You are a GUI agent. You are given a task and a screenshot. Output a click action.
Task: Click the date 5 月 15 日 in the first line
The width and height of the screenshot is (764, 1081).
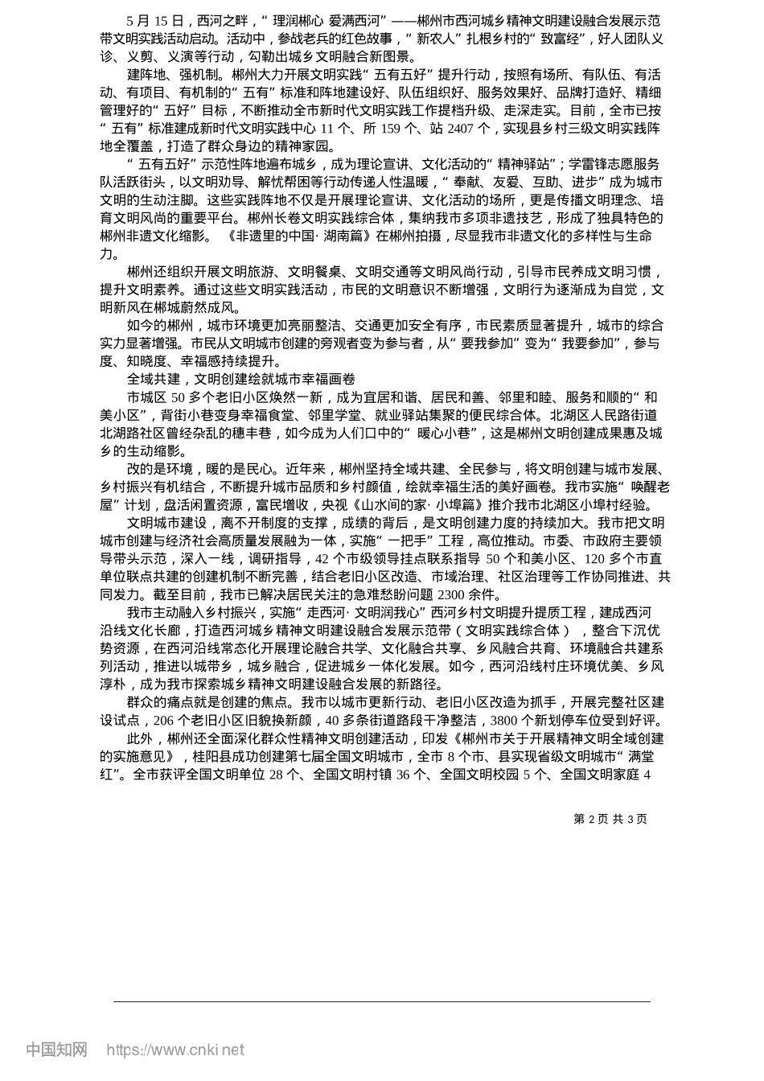tap(156, 21)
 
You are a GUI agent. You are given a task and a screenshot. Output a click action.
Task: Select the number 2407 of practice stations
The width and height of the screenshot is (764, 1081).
tap(462, 128)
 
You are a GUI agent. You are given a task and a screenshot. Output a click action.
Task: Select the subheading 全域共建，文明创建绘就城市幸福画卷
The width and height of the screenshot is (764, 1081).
tap(240, 379)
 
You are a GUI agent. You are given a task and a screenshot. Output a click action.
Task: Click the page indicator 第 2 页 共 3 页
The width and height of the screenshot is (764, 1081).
tap(610, 819)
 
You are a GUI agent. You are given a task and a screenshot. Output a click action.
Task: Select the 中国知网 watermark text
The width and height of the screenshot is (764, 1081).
tap(56, 1050)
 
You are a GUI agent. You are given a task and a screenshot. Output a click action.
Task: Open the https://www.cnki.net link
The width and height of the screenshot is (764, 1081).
tap(175, 1050)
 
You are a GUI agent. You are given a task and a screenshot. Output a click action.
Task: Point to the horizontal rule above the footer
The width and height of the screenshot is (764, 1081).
tap(382, 1001)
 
